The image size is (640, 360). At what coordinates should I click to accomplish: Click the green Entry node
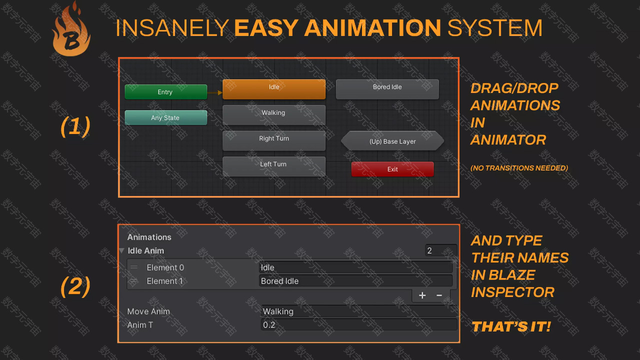tap(166, 91)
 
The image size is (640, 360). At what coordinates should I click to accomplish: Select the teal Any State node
tap(166, 117)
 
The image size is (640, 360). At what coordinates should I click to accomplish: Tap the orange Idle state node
tap(274, 89)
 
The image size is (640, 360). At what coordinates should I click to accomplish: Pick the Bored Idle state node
tap(387, 89)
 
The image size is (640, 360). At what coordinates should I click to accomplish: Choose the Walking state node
tap(274, 115)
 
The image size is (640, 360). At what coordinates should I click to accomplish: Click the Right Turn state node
tap(274, 140)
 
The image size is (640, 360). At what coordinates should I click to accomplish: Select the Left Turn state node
tap(274, 166)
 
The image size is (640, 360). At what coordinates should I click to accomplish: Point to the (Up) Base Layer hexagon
tap(392, 141)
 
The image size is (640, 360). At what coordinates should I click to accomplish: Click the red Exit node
tap(392, 169)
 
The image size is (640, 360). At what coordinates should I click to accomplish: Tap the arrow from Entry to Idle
tap(215, 92)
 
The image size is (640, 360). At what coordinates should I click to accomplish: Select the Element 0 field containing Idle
tap(355, 267)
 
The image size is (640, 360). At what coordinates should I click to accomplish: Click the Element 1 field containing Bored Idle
tap(355, 281)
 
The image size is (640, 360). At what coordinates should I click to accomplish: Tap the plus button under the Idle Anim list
tap(422, 295)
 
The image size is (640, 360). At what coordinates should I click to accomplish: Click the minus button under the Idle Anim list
tap(439, 295)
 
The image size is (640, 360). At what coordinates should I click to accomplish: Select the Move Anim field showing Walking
tap(359, 311)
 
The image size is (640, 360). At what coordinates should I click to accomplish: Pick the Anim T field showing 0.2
tap(359, 324)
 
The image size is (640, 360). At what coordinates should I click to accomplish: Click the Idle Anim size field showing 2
tap(441, 250)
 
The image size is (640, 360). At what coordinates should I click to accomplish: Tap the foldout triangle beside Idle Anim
tap(122, 250)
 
